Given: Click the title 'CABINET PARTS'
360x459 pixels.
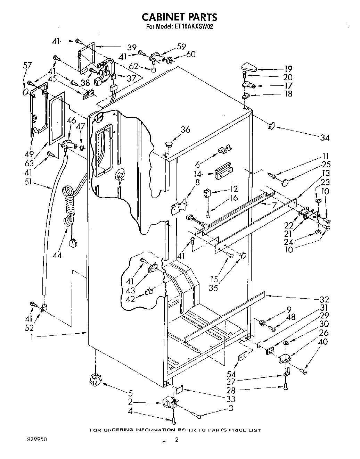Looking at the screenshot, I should [180, 17].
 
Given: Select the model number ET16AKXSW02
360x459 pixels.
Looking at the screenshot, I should [192, 27].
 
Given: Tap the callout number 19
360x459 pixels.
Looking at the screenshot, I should [288, 69].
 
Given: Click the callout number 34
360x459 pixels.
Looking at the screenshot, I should [324, 137].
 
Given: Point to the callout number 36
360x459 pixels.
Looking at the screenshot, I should [185, 130].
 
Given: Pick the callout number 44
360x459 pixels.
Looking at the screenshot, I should [57, 255].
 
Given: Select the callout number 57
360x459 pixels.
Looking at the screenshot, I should [27, 65].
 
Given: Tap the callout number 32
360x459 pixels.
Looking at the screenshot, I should [324, 299].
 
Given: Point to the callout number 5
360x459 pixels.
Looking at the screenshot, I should [130, 393].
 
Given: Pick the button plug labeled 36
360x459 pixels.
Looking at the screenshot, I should [169, 143].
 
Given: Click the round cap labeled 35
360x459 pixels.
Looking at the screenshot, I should [242, 256].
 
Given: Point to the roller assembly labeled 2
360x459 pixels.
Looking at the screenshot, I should [170, 404].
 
